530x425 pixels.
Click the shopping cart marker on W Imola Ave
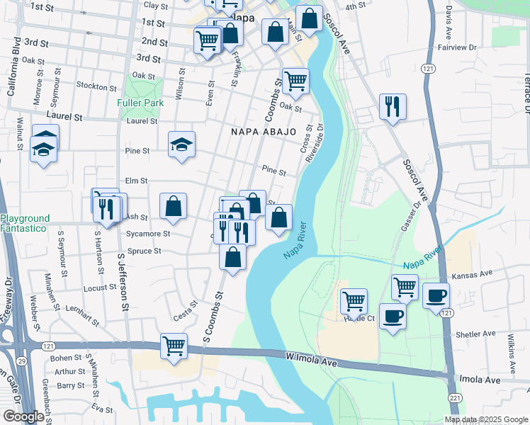pos(174,346)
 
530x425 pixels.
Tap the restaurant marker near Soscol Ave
pos(393,107)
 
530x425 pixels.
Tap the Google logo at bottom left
pos(23,416)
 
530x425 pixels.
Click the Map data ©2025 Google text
pos(486,419)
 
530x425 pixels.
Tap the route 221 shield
pos(454,399)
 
